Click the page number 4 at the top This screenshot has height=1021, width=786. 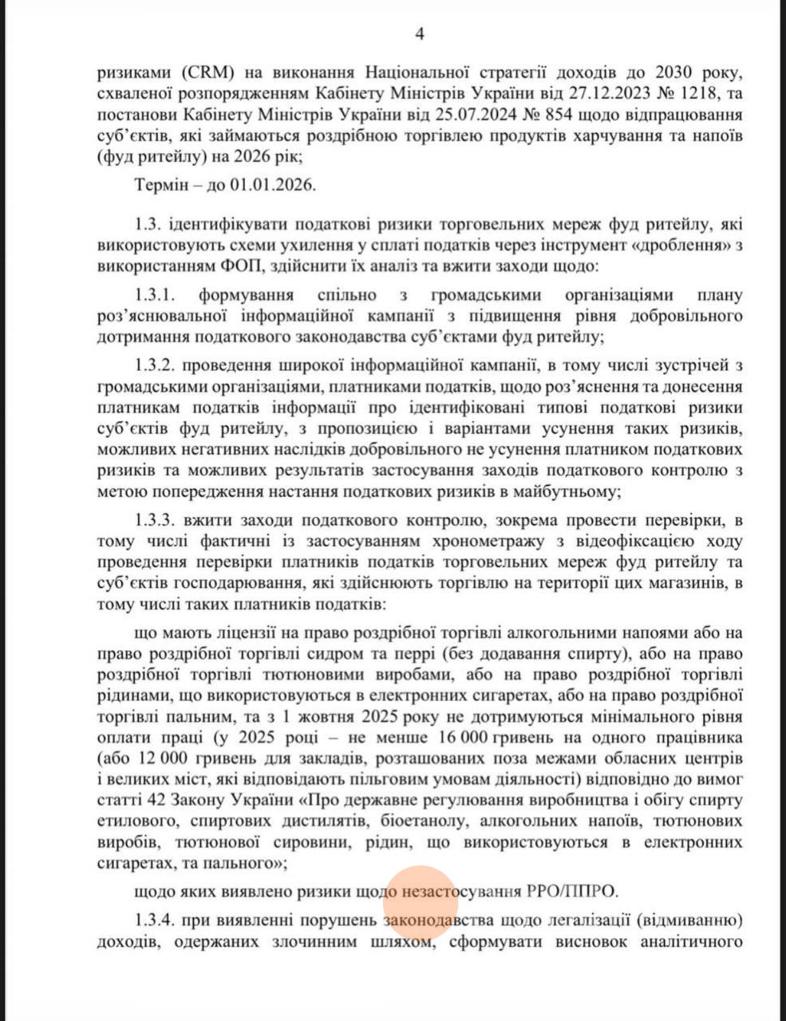[420, 34]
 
